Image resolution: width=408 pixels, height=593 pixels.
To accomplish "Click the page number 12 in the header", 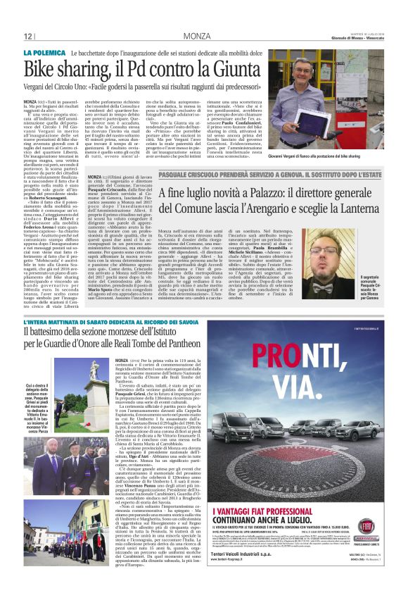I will [28, 36].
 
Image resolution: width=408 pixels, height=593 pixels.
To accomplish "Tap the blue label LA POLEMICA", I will [42, 53].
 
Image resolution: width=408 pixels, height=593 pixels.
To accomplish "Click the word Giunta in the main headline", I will [224, 68].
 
